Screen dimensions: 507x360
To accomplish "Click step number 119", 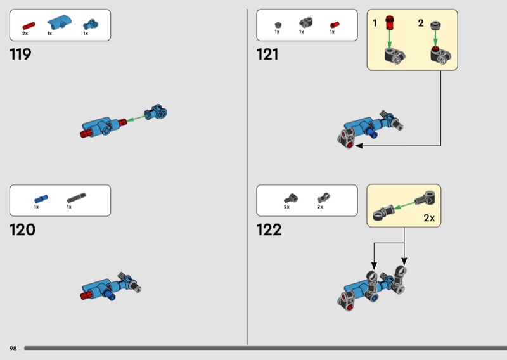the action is (x=20, y=55).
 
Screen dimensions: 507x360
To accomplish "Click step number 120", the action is (x=22, y=230).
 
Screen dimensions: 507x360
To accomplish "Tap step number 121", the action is (x=267, y=55).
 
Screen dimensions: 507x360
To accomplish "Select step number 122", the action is (x=269, y=230).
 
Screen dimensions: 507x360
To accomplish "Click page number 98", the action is (x=13, y=349).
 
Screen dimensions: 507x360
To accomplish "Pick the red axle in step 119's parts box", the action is (x=29, y=25).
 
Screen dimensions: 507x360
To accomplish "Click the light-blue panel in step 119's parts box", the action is (x=59, y=22).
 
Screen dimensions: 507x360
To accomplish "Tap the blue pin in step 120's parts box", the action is (x=41, y=199).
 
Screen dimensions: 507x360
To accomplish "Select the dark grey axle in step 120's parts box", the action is (x=77, y=198).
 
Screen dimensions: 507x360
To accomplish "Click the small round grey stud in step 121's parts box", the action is (x=278, y=25).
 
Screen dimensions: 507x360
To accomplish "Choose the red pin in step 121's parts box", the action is (x=335, y=25).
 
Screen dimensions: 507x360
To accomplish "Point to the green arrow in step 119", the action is (x=136, y=119).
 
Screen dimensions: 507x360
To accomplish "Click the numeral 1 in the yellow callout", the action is (x=375, y=23).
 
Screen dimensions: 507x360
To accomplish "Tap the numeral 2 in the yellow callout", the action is (x=421, y=23).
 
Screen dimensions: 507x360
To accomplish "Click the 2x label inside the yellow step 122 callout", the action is (x=429, y=218).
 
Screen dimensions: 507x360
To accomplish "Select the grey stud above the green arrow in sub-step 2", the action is (x=435, y=25).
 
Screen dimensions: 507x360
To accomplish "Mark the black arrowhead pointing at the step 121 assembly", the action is (x=359, y=146).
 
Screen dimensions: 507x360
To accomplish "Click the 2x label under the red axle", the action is (x=25, y=34).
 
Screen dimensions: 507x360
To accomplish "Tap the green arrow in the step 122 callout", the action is (x=404, y=205).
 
